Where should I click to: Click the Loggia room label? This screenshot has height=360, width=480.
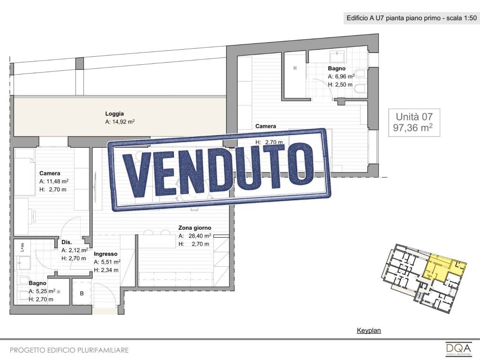tap(114, 113)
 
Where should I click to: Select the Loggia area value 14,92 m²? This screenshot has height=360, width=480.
tap(120, 122)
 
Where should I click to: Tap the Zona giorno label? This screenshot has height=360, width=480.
tap(195, 228)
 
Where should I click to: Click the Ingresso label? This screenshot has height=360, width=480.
tap(105, 254)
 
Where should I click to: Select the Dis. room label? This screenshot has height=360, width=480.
tap(67, 242)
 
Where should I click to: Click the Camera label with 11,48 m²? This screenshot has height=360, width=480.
tap(50, 173)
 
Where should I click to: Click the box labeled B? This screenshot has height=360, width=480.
tap(82, 293)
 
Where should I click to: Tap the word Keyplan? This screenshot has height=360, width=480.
tap(369, 330)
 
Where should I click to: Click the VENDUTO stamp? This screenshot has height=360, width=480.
tap(219, 169)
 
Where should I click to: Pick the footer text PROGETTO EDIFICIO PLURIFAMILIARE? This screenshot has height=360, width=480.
tap(69, 350)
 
